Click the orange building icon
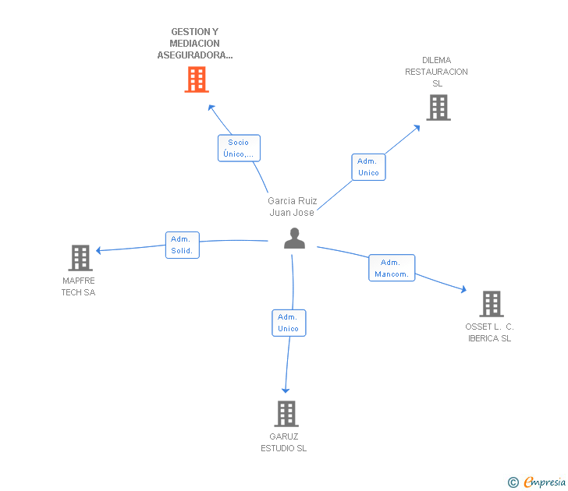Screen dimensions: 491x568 click(197, 79)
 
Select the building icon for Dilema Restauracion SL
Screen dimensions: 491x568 click(438, 108)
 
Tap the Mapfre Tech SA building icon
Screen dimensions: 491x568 click(80, 257)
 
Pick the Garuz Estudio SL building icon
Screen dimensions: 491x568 click(286, 414)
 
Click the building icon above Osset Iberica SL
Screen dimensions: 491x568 click(491, 304)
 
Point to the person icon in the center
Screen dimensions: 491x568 click(294, 238)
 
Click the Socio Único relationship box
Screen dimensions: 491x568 click(239, 148)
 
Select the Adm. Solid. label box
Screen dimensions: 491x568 click(182, 245)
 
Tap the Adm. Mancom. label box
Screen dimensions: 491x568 click(392, 268)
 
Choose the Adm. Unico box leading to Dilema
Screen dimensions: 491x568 click(368, 167)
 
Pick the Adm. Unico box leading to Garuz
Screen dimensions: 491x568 click(288, 323)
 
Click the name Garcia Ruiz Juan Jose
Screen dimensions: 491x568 click(292, 207)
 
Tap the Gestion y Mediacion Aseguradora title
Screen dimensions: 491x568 click(195, 44)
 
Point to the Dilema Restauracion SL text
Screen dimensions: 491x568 click(436, 72)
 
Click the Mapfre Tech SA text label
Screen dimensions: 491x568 click(78, 286)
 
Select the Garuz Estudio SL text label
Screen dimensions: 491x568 click(284, 442)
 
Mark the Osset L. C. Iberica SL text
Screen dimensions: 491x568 click(489, 332)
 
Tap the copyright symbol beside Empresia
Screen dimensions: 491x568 click(513, 482)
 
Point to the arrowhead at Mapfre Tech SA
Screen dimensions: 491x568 click(99, 250)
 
